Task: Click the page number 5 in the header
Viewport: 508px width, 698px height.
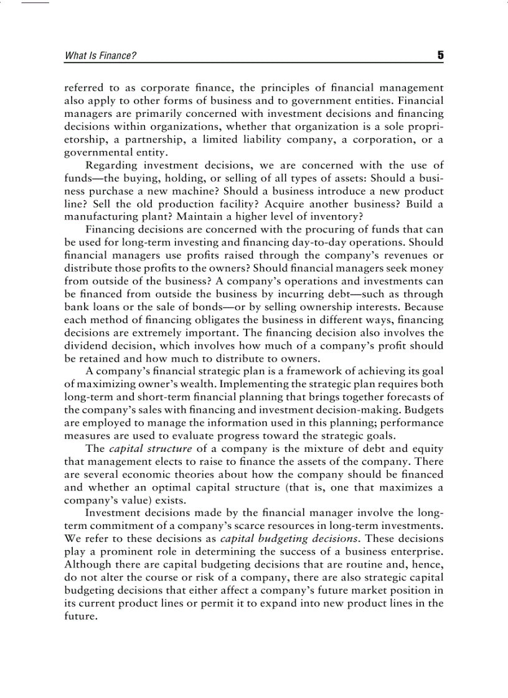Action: [x=440, y=55]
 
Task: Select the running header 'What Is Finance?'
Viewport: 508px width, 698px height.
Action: [x=100, y=56]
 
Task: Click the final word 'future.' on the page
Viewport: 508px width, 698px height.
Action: [x=81, y=616]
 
